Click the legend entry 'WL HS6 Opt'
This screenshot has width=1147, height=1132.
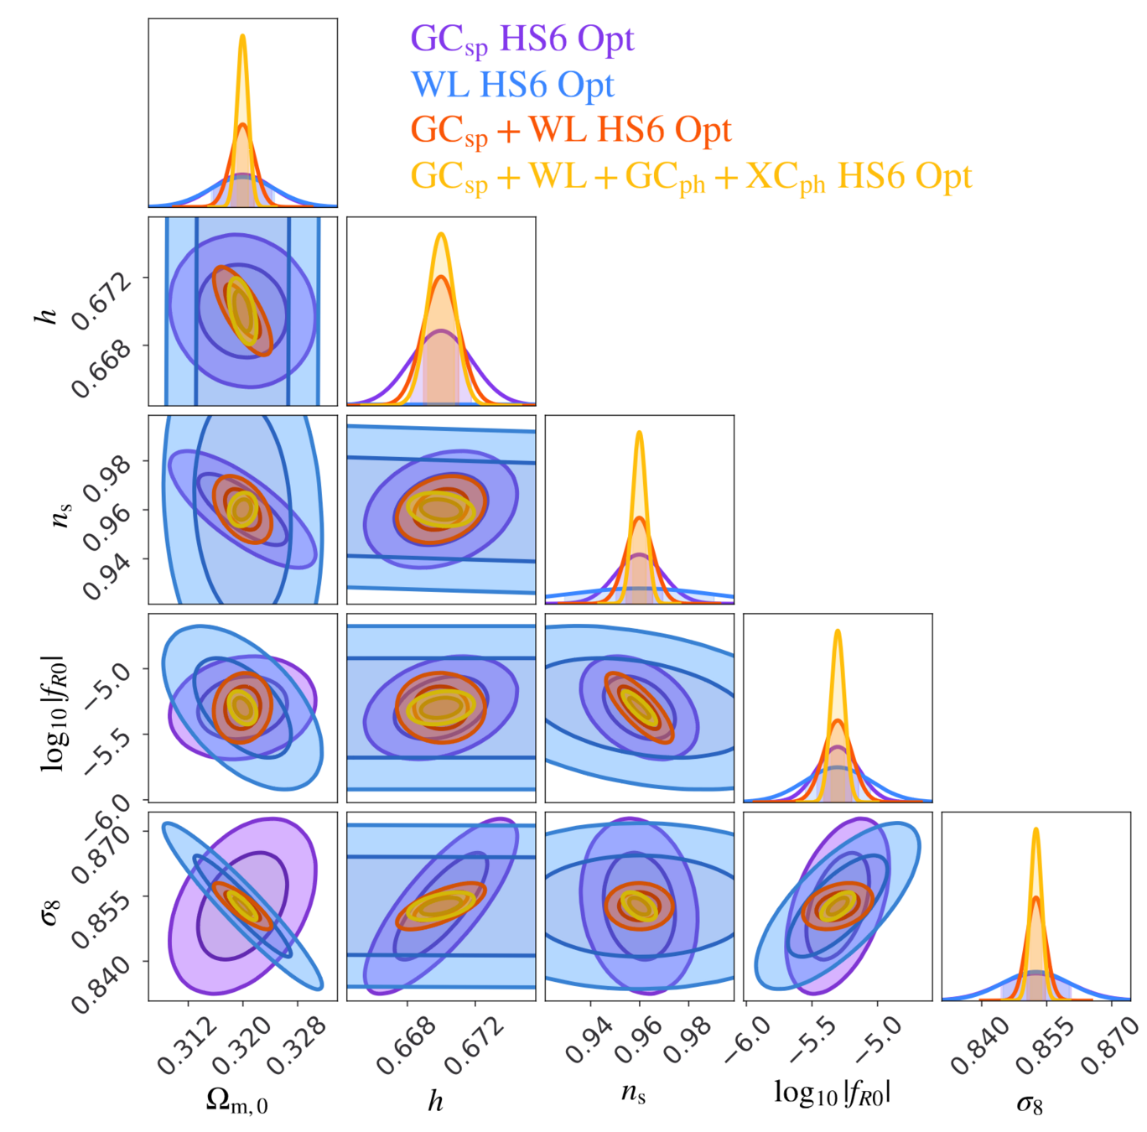coord(512,85)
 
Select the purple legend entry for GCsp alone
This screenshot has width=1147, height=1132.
coord(522,39)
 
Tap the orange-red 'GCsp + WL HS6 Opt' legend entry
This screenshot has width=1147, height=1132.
coord(571,130)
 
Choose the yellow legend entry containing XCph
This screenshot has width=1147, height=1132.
coord(691,177)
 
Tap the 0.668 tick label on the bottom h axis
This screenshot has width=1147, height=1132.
coord(406,1046)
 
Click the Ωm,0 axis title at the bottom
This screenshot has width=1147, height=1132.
coord(237,1101)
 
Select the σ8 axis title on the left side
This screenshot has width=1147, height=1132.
coord(50,911)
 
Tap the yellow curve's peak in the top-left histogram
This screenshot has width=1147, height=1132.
coord(242,36)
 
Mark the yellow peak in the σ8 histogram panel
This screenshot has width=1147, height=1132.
coord(1035,829)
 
